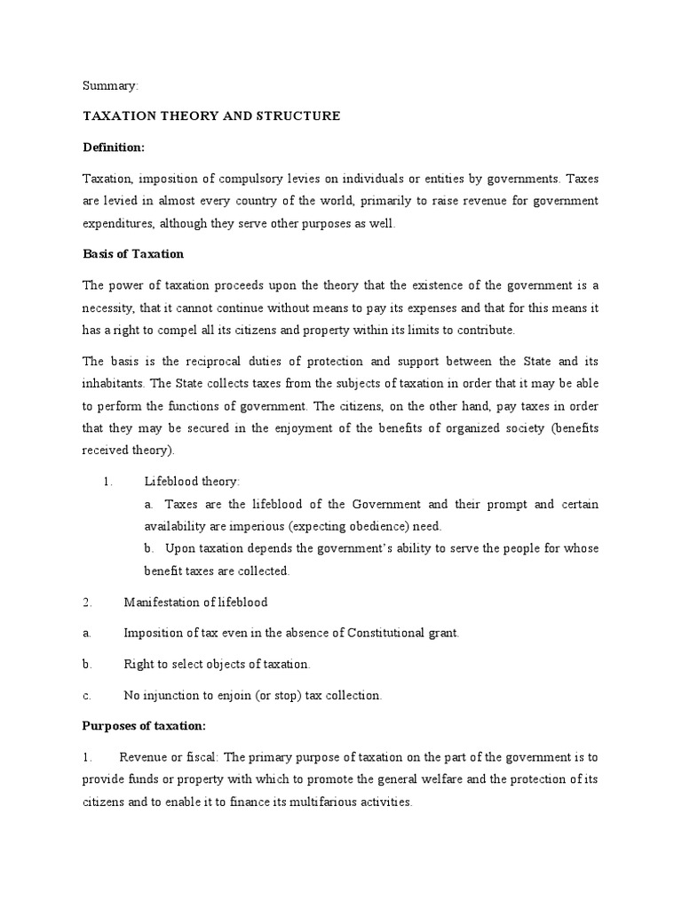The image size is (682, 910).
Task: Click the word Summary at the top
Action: click(x=111, y=86)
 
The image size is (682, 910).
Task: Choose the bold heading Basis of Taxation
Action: click(x=133, y=254)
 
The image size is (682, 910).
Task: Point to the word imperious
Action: click(x=245, y=525)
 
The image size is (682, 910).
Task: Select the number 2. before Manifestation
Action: click(x=87, y=602)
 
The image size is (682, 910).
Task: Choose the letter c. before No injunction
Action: click(x=86, y=695)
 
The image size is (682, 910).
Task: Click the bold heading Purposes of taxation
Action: click(x=144, y=726)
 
